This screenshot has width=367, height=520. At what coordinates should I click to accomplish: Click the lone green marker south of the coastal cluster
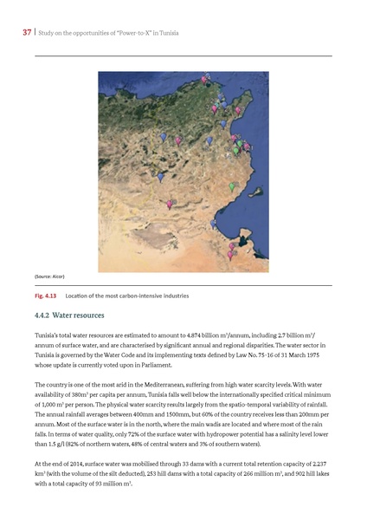click(231, 186)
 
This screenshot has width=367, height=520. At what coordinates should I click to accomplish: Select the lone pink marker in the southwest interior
click(169, 205)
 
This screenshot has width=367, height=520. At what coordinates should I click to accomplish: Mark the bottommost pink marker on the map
click(230, 256)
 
